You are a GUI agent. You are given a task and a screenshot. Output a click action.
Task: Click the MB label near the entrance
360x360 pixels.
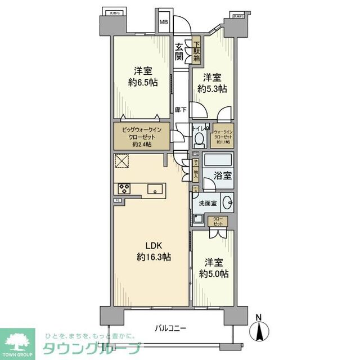(164, 22)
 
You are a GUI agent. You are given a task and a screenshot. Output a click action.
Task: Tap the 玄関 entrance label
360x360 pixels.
(178, 52)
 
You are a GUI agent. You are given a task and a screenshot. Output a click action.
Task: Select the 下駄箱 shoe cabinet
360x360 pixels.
(197, 49)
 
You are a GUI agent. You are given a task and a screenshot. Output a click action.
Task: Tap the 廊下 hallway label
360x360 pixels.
(181, 111)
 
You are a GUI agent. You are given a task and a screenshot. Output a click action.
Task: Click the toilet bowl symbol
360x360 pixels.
(200, 137)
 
